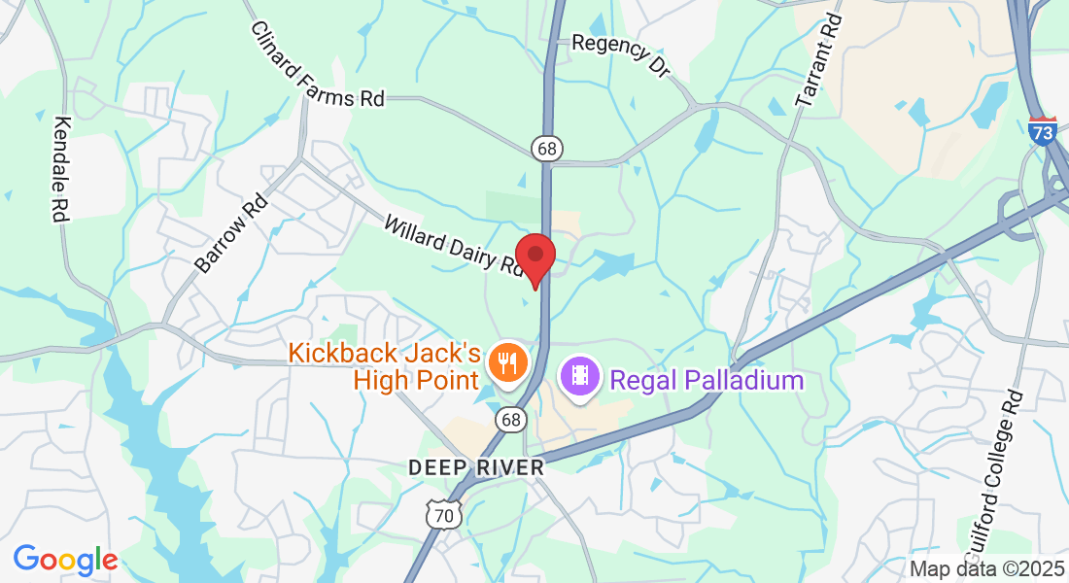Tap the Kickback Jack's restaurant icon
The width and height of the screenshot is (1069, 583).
506,362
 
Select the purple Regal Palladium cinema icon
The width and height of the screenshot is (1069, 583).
580,375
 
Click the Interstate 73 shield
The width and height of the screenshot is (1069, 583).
1042,130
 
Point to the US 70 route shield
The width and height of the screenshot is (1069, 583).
443,514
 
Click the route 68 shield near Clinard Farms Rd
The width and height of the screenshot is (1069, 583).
547,148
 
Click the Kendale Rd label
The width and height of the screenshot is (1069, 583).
62,170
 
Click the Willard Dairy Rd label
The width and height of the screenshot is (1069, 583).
453,247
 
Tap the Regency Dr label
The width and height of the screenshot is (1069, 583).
621,55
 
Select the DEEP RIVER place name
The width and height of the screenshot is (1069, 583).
475,467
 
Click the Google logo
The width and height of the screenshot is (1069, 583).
65,560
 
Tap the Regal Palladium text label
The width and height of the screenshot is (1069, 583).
707,380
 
